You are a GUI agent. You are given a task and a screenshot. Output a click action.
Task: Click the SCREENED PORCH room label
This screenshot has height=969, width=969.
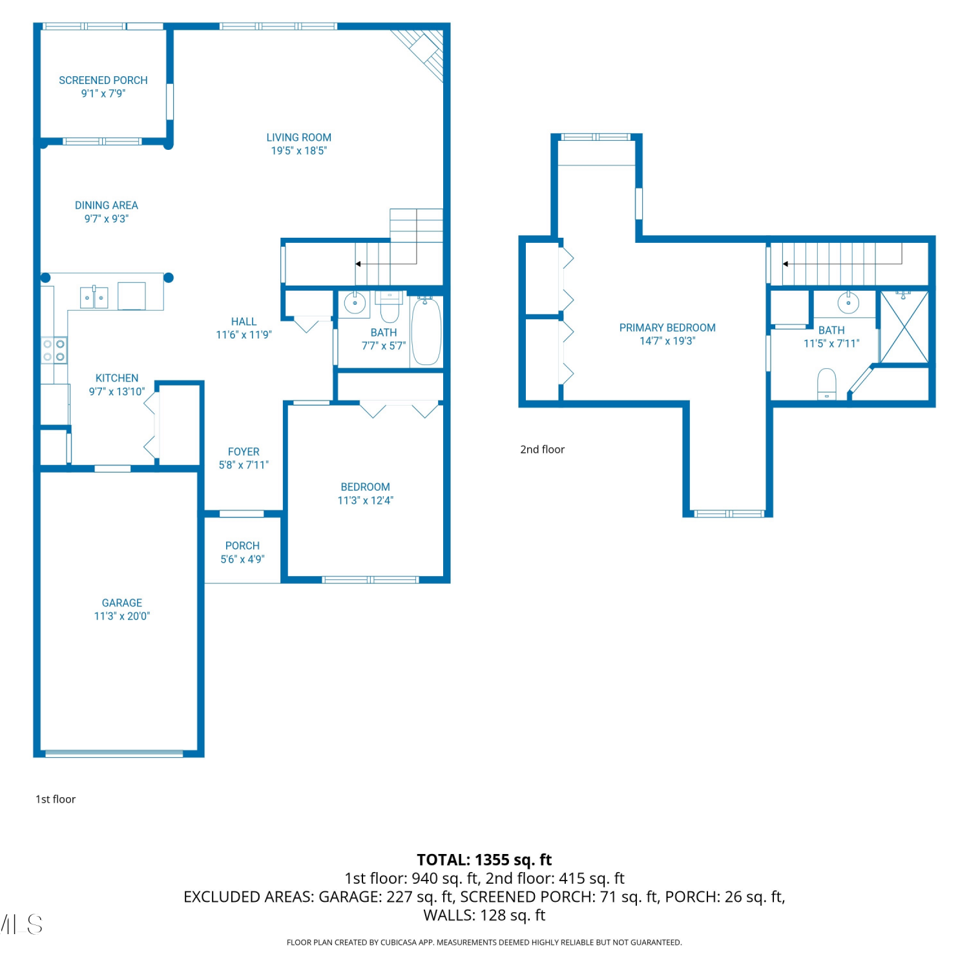103,80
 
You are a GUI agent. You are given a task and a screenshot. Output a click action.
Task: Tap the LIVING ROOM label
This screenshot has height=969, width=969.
299,138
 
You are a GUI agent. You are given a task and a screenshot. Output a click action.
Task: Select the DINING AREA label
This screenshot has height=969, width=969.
107,205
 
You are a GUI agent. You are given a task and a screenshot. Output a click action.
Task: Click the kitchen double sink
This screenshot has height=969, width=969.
94,297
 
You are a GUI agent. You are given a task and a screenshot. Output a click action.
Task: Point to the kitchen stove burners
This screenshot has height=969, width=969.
54,350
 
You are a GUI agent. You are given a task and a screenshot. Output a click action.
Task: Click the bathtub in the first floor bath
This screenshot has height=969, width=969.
426,331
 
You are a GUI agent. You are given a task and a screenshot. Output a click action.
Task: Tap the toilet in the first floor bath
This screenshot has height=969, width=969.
390,307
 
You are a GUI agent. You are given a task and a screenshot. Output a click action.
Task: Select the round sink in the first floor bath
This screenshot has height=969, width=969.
355,303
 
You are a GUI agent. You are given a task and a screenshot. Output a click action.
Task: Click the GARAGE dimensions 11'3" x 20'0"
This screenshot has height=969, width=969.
122,616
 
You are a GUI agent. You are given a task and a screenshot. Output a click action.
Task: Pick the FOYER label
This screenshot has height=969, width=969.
244,452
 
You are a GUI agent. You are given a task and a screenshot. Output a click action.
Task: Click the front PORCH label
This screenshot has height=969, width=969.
243,546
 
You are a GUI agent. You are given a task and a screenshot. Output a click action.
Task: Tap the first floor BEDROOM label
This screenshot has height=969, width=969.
366,487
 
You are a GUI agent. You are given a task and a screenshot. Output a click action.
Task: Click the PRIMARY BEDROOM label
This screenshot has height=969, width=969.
667,328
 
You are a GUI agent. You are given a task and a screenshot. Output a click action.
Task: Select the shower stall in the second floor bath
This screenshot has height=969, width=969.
904,327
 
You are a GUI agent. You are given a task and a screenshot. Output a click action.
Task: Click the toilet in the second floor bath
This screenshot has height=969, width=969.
827,384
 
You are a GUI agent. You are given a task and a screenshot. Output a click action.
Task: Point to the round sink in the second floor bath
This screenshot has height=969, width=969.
848,302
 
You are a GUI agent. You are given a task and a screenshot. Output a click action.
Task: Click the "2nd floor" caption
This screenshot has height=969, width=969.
543,450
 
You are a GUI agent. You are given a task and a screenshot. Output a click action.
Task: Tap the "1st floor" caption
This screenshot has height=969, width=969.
56,799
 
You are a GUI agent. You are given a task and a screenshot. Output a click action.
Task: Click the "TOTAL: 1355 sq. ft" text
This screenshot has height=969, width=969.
484,860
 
